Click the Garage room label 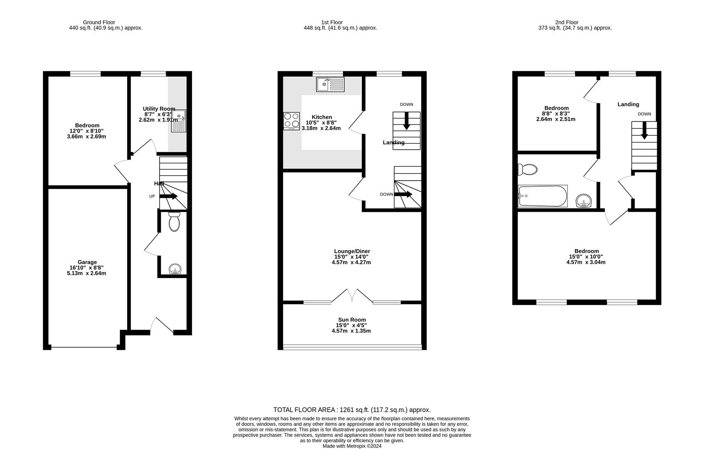pos(87,262)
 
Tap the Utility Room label pos(159,109)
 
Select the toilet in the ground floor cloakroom pos(174,222)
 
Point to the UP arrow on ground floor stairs pos(168,196)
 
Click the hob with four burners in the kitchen pos(291,121)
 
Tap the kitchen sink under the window pos(330,84)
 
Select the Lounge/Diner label pos(352,251)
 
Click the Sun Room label pos(351,320)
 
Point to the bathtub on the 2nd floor pos(543,196)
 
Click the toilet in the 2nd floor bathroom pos(527,169)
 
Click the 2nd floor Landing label pos(628,104)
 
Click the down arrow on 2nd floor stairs pos(644,131)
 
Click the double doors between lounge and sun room pos(352,296)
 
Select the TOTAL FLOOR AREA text pos(352,410)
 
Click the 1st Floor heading pos(332,22)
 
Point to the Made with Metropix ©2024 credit pos(352,446)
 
